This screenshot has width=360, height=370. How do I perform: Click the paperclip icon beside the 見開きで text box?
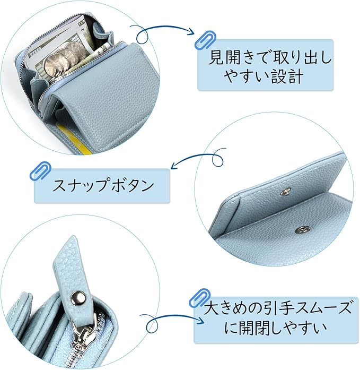point(205,40)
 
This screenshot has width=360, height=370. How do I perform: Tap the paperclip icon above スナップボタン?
point(40,171)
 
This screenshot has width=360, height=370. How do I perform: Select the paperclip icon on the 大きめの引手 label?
point(200,298)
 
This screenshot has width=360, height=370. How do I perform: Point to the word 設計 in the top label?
point(287,76)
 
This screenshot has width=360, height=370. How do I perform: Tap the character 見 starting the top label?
point(216,57)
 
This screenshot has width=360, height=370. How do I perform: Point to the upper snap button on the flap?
point(286,192)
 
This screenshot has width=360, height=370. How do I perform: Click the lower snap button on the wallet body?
point(302,230)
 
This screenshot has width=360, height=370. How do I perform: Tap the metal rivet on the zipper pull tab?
point(78,297)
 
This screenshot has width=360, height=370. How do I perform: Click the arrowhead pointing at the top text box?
point(190,32)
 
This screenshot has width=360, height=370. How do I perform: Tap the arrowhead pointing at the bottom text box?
point(200,320)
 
